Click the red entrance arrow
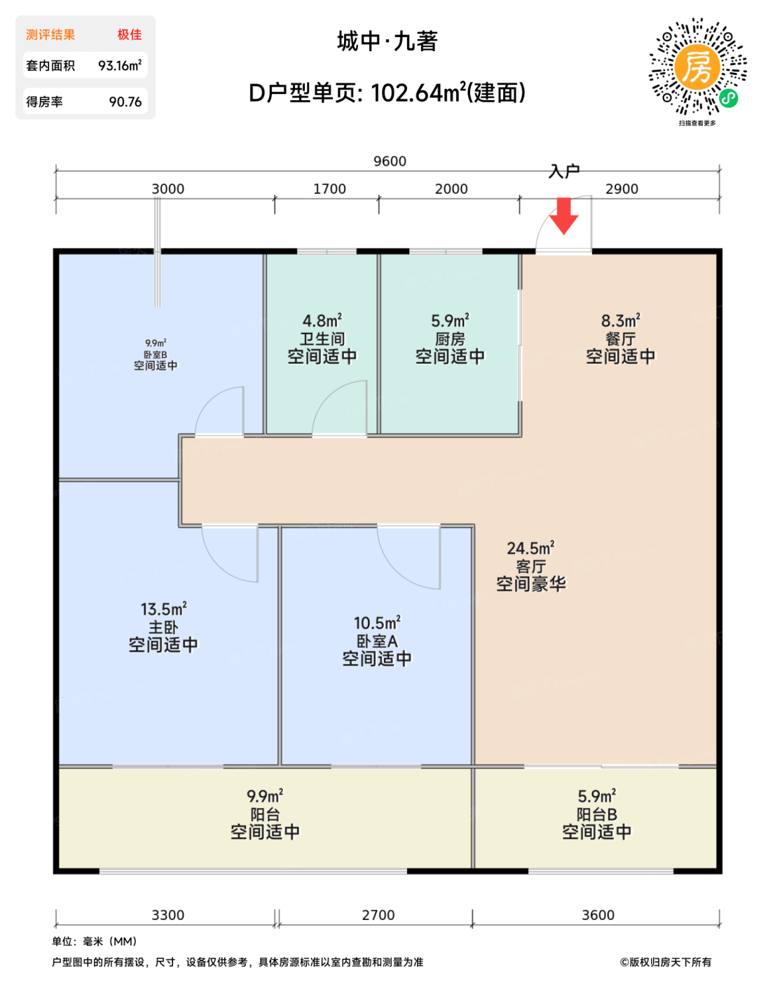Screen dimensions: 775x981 coord(563,216)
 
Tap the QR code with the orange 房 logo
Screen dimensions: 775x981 coord(697,67)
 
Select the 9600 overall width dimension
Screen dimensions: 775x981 coord(390,161)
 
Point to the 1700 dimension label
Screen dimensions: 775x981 coord(329,188)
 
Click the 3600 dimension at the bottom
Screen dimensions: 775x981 coord(598,915)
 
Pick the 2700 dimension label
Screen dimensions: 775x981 coord(378,915)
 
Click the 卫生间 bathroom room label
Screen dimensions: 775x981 coord(322,338)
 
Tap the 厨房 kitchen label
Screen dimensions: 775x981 coord(450,338)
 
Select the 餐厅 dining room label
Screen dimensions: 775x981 coord(620,338)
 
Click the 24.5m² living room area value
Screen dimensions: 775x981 coord(530,547)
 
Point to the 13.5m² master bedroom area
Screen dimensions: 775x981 coord(164,608)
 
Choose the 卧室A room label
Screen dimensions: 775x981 coord(377,641)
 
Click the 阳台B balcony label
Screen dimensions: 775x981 coord(597,814)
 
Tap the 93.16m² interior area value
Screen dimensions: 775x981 coord(120,66)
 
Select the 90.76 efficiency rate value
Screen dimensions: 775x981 coord(125,102)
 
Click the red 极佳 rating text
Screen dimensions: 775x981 coord(130,34)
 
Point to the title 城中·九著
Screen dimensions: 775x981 coord(387,41)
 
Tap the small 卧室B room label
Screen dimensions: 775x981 coord(156,354)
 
